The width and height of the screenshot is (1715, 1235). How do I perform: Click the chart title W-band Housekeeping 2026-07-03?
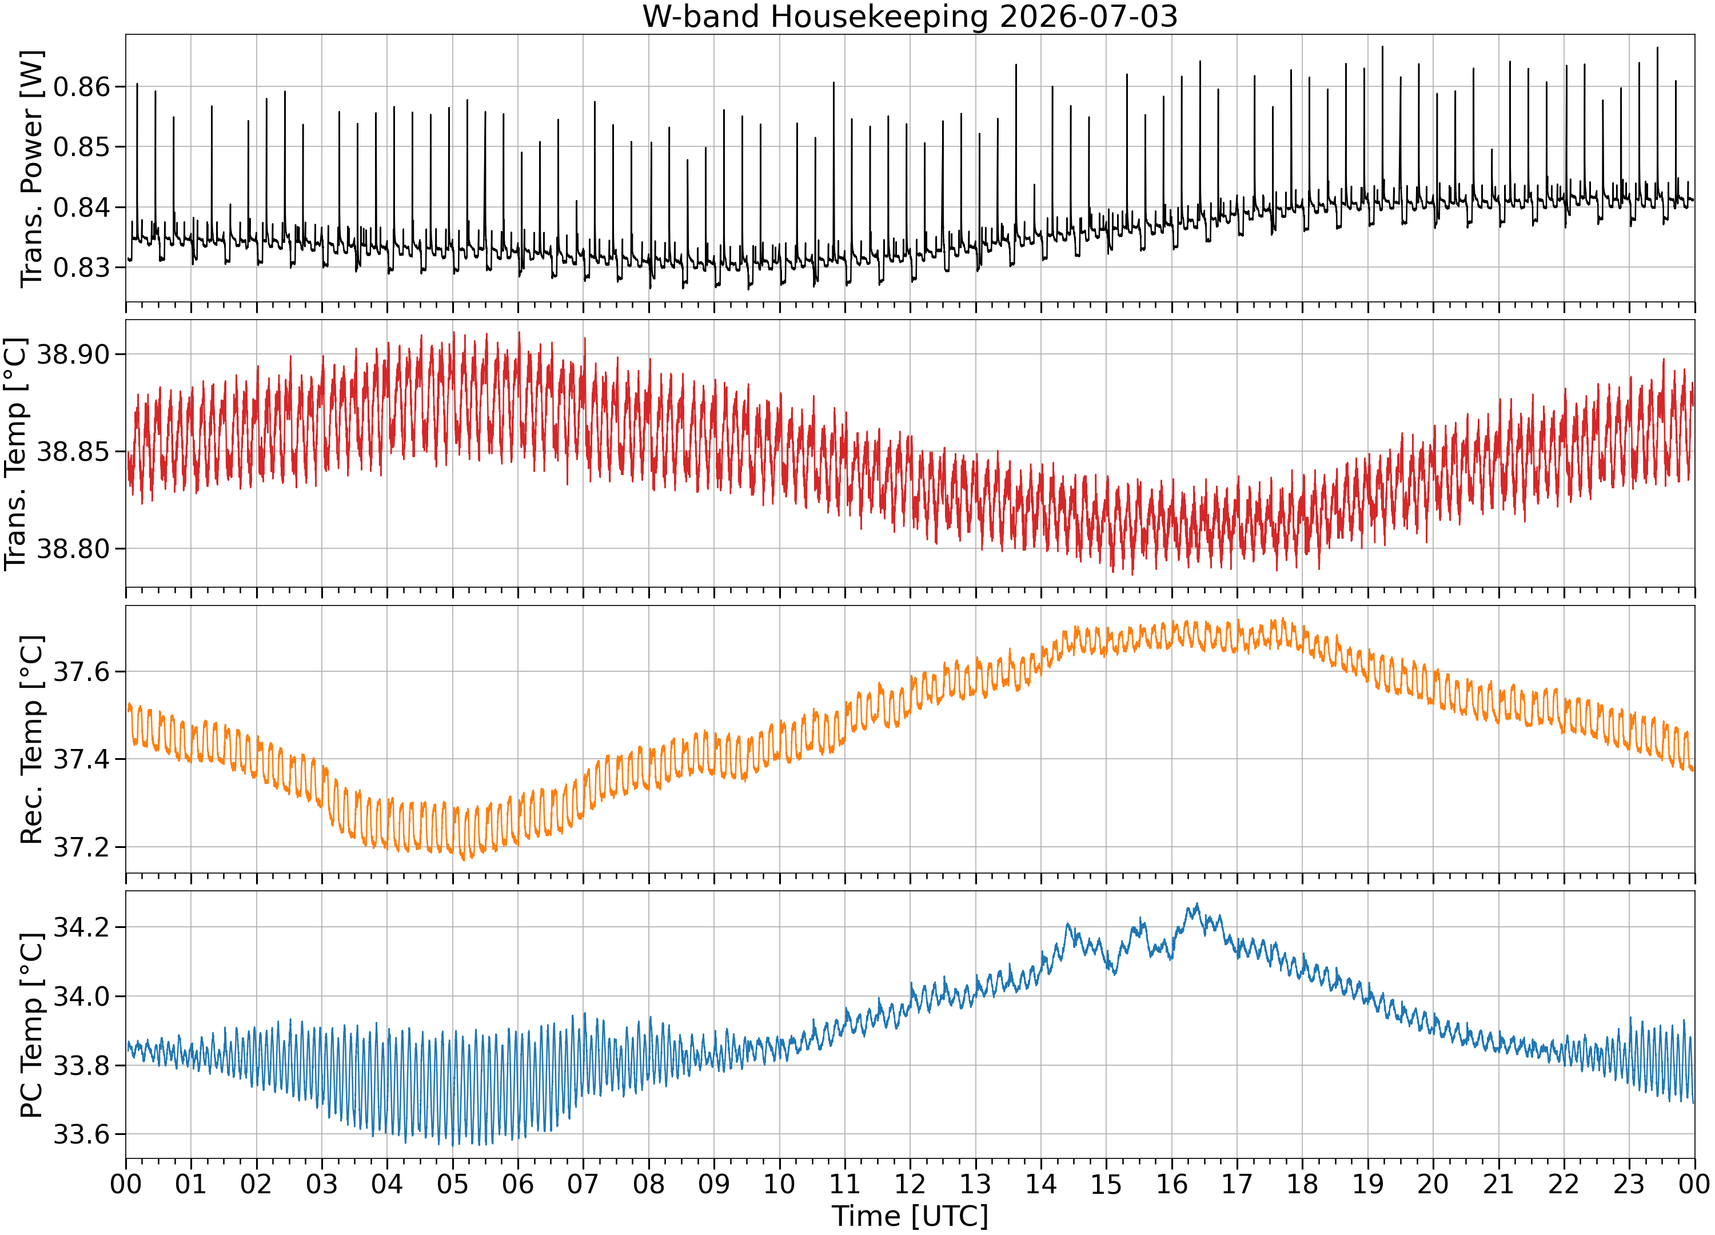(910, 16)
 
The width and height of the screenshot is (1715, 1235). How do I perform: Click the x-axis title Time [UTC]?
(910, 1216)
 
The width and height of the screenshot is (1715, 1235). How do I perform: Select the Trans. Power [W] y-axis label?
(32, 169)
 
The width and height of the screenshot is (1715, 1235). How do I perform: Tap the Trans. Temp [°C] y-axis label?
(16, 454)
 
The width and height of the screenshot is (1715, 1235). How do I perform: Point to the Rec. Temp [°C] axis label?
(32, 740)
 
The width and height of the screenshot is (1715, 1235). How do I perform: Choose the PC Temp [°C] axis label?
(32, 1026)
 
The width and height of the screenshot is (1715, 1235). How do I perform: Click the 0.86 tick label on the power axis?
(81, 87)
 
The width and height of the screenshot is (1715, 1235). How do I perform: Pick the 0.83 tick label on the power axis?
(81, 268)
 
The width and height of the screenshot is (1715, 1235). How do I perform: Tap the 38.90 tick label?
(73, 354)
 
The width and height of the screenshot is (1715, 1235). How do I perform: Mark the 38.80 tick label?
(73, 549)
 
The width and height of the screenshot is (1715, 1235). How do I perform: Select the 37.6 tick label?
(81, 672)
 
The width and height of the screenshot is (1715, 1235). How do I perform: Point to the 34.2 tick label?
(81, 928)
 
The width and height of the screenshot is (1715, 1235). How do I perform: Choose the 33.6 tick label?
(81, 1135)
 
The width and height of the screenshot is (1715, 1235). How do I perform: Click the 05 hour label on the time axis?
(452, 1184)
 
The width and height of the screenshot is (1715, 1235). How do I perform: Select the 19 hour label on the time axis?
(1367, 1184)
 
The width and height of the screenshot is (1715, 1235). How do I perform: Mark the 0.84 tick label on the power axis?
(81, 207)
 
